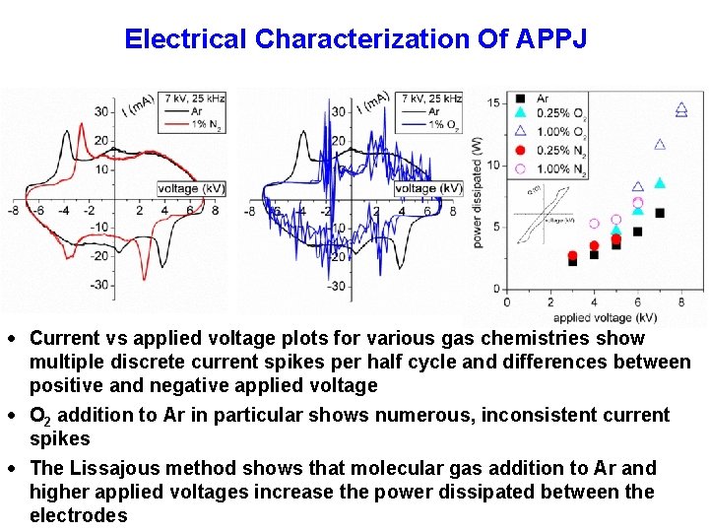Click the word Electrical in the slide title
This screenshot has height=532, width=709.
(186, 39)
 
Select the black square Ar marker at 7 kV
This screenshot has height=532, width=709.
(660, 213)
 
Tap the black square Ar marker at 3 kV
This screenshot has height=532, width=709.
(572, 261)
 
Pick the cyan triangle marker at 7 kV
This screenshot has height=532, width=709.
(660, 182)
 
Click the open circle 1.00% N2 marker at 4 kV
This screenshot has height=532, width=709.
(594, 224)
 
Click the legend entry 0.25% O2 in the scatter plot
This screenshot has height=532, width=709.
(559, 114)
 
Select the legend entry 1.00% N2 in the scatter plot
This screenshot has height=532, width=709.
(559, 168)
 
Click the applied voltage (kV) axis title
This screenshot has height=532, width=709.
(604, 318)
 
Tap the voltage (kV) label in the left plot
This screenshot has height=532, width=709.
(191, 188)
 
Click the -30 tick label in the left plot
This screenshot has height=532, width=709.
(99, 286)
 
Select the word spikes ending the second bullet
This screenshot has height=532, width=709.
(59, 439)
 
